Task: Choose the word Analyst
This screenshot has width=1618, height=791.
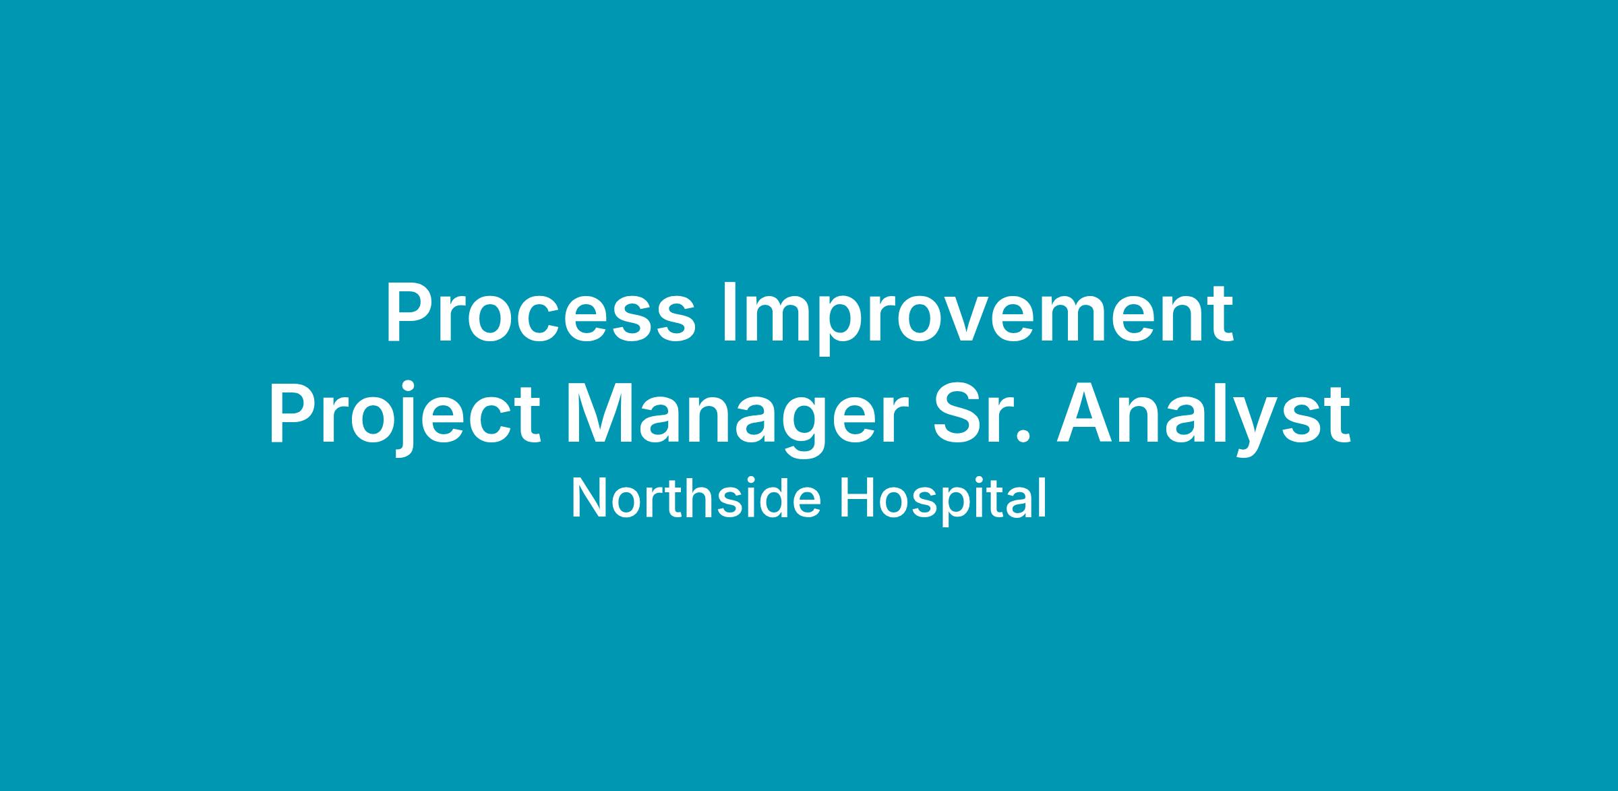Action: point(1203,417)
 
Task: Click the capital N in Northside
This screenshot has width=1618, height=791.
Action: point(589,498)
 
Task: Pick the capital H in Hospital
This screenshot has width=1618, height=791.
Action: point(856,498)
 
